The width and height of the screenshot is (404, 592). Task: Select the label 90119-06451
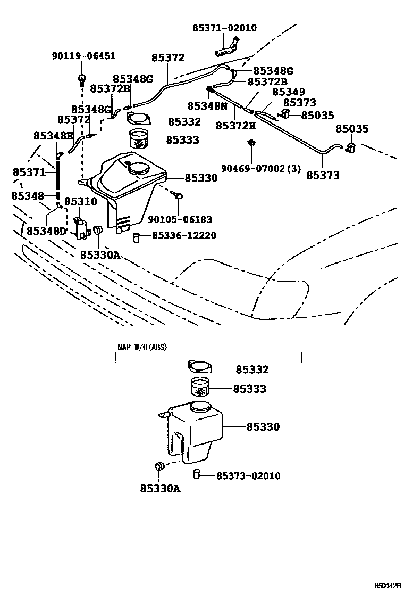[83, 56]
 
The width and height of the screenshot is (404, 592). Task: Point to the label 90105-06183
[180, 219]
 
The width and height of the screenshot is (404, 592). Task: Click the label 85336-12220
[184, 235]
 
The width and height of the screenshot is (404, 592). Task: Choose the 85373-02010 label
[248, 475]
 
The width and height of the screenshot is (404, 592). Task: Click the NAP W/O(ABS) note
[141, 347]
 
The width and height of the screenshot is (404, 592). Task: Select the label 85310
[81, 201]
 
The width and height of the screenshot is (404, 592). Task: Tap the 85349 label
[288, 92]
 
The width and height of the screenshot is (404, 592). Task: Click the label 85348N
[207, 106]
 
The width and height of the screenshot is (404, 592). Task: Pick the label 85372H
[235, 126]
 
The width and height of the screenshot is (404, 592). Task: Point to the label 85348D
[46, 231]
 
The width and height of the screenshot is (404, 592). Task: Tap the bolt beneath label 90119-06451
[82, 80]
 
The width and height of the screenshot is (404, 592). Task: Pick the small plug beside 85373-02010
[196, 474]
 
